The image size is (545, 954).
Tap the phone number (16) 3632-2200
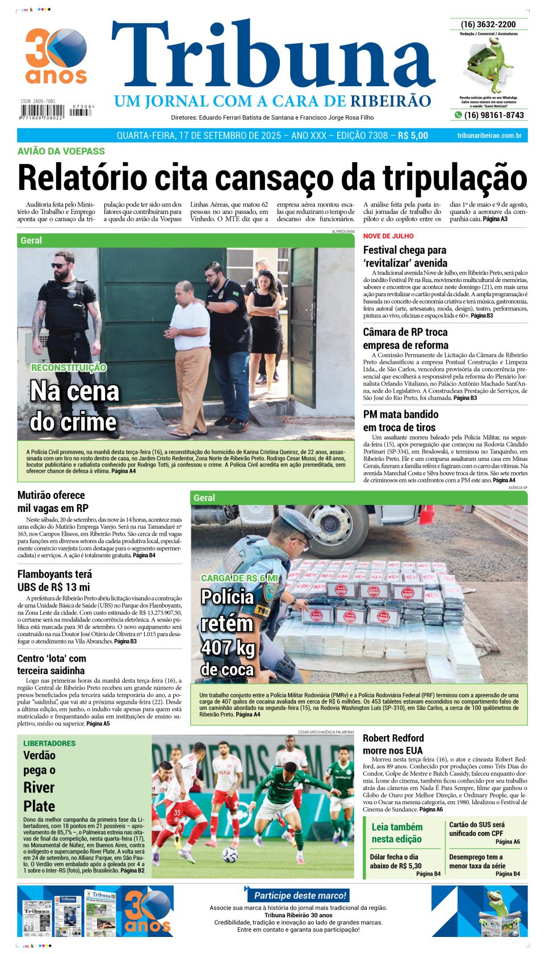[488, 24]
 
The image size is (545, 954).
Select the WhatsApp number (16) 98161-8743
[493, 115]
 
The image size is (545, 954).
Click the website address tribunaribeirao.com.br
[489, 136]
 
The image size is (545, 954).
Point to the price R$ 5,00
[413, 136]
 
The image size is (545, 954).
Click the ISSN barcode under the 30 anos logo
[41, 112]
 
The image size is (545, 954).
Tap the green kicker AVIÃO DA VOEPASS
[61, 151]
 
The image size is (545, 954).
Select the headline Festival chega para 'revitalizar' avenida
[405, 257]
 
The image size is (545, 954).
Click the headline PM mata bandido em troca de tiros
[401, 421]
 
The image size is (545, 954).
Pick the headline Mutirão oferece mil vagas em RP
[53, 502]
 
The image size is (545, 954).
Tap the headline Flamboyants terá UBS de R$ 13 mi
[54, 581]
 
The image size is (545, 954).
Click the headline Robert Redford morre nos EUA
[393, 744]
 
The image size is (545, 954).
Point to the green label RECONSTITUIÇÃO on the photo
[69, 368]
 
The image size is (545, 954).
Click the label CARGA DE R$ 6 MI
[240, 578]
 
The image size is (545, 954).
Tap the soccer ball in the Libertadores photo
[229, 854]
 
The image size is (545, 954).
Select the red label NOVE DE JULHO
[388, 236]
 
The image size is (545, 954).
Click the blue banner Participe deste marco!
[299, 896]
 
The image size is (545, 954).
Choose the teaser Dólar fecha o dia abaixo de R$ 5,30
[396, 861]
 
